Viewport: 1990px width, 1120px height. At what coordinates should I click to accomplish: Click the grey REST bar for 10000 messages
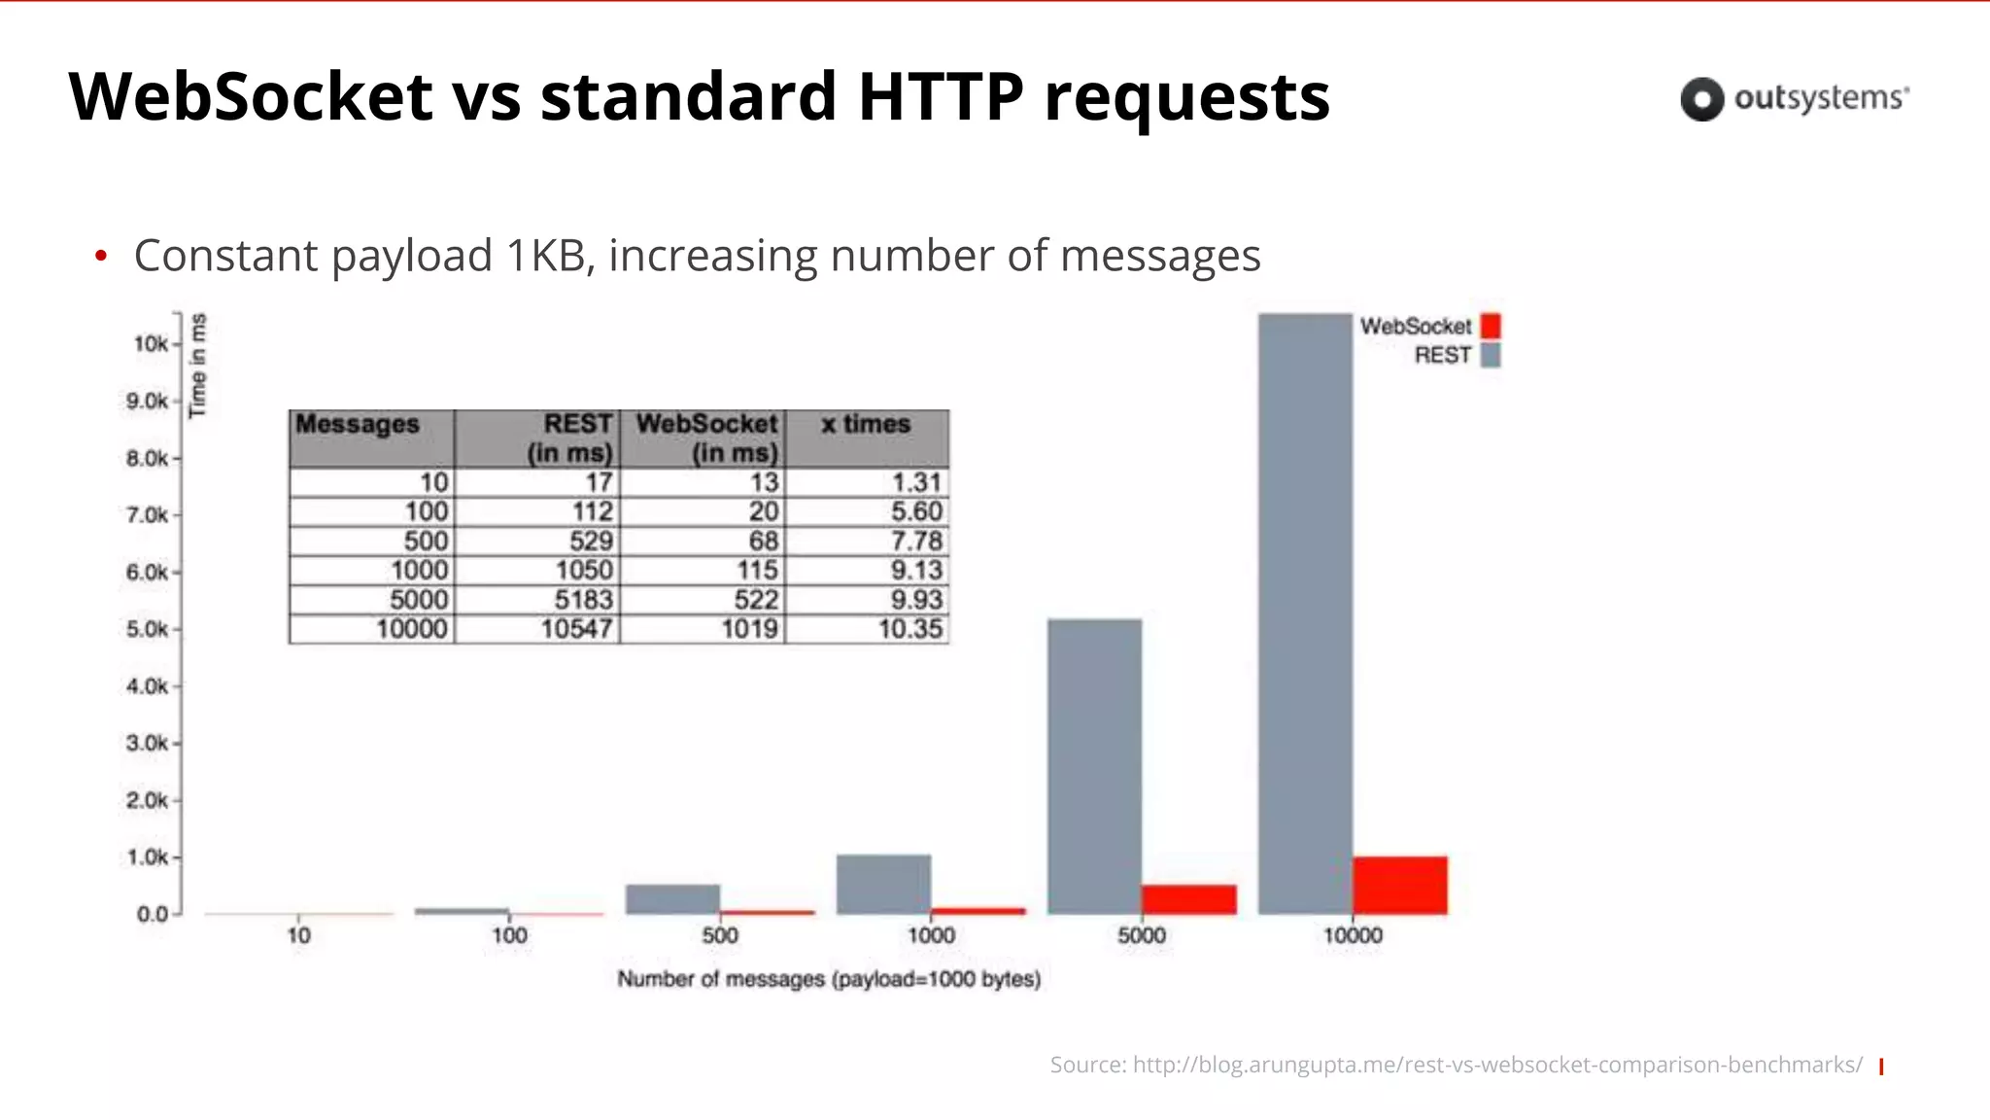[1305, 612]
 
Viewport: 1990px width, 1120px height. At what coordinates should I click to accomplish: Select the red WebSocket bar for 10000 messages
[1399, 885]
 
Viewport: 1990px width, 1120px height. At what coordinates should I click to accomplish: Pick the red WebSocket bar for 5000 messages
[1188, 899]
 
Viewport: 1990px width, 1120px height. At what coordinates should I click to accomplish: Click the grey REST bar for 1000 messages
[883, 884]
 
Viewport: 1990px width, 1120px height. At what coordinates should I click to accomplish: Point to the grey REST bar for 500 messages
[672, 899]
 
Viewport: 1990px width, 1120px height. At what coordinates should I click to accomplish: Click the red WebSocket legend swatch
[1491, 326]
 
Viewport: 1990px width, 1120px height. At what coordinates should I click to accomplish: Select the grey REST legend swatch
[1491, 355]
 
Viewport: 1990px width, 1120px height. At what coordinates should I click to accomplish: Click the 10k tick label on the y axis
[151, 344]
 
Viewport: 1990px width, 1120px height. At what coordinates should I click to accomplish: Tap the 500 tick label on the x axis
[720, 935]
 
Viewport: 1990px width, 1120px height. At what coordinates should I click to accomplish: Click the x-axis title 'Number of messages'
[829, 979]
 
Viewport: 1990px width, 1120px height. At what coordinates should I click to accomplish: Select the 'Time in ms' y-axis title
[198, 366]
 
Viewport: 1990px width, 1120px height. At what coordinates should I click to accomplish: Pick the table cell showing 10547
[576, 629]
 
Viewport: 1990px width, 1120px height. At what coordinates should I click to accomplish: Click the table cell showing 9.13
[916, 571]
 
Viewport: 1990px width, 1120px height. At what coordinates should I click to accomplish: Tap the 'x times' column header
[866, 425]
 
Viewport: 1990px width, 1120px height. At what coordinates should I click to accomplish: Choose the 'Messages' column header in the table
[358, 425]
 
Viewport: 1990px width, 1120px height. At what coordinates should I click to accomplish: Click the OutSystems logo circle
[1701, 99]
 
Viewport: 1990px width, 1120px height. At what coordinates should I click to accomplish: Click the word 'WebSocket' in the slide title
[251, 96]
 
